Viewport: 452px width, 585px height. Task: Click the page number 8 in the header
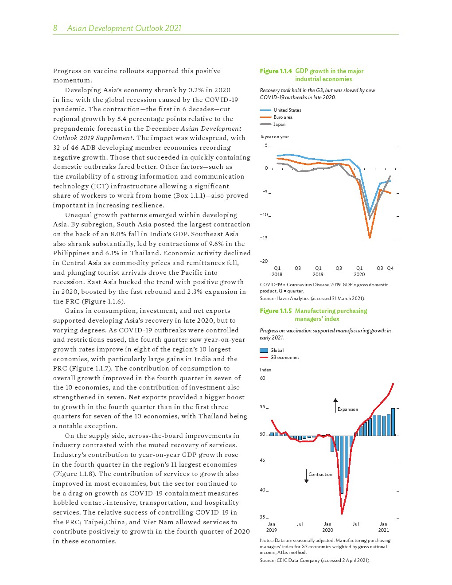(x=55, y=28)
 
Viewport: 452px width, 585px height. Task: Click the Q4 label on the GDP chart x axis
(x=390, y=268)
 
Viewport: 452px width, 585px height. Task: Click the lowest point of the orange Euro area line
(x=370, y=238)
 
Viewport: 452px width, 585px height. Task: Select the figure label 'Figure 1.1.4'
(x=276, y=71)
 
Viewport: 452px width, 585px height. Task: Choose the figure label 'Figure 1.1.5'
(x=276, y=311)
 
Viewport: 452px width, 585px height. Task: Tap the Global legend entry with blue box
(x=271, y=350)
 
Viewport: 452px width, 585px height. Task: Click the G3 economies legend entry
(x=279, y=357)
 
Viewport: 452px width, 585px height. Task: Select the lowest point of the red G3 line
(x=342, y=513)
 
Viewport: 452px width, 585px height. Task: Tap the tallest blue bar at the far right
(x=393, y=421)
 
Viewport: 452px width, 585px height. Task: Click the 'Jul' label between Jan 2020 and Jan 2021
(x=355, y=524)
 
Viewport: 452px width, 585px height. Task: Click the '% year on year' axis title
(x=275, y=136)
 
